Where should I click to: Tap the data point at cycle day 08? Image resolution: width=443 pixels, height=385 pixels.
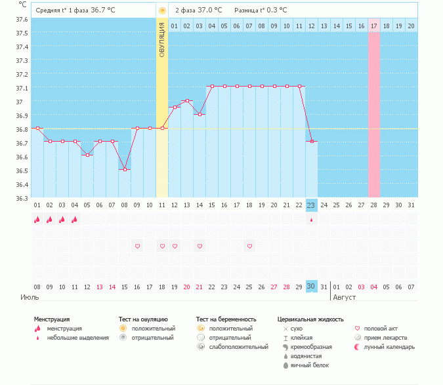click(x=125, y=169)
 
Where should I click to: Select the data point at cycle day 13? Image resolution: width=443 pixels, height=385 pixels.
click(x=187, y=100)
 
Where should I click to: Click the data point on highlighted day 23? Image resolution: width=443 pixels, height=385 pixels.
click(x=312, y=141)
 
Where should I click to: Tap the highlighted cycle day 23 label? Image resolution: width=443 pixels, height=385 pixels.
click(x=312, y=205)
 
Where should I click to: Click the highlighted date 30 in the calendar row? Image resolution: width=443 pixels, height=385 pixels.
click(x=312, y=287)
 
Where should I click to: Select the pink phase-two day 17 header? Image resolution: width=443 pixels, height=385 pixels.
click(x=374, y=26)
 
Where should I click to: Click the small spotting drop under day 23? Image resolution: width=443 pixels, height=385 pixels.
click(x=312, y=220)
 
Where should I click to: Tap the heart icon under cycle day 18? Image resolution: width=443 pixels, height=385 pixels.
click(x=249, y=246)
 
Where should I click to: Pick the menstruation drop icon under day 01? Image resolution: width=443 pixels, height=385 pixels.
click(x=37, y=220)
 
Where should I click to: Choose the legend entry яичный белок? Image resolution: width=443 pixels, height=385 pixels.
click(x=310, y=365)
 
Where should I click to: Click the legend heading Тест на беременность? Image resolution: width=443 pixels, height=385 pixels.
click(x=224, y=319)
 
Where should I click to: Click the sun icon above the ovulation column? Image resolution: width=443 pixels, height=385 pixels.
click(x=162, y=10)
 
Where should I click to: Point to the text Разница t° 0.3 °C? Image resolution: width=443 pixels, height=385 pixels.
click(x=261, y=10)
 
